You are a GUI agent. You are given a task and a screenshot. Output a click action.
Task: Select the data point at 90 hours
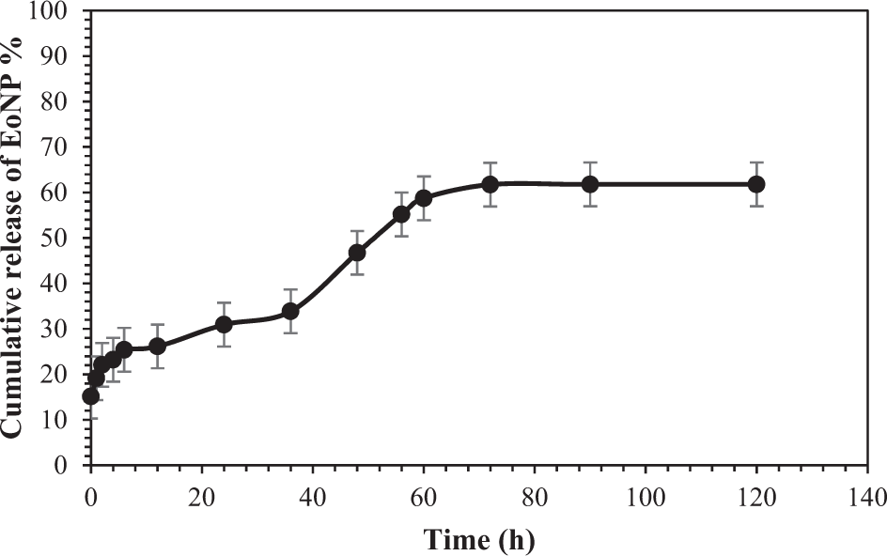pos(590,184)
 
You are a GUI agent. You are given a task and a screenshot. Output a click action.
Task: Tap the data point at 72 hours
pos(490,184)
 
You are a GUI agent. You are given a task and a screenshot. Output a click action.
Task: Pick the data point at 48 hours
pos(357,253)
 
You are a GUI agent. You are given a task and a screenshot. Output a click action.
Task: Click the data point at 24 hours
pos(224,324)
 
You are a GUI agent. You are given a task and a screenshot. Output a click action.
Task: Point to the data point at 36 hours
pos(290,311)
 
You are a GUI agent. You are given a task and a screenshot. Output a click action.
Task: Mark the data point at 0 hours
pos(90,396)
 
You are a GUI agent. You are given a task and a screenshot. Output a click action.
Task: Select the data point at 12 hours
pos(158,346)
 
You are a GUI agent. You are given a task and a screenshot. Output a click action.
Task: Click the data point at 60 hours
pos(424,198)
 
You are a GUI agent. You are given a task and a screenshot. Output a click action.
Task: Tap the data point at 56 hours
pos(401,214)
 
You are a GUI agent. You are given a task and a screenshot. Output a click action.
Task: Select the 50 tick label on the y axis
pos(59,239)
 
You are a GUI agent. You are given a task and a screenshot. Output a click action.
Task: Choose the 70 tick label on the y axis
pos(59,147)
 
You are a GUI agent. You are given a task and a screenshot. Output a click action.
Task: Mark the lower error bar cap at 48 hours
pos(357,274)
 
